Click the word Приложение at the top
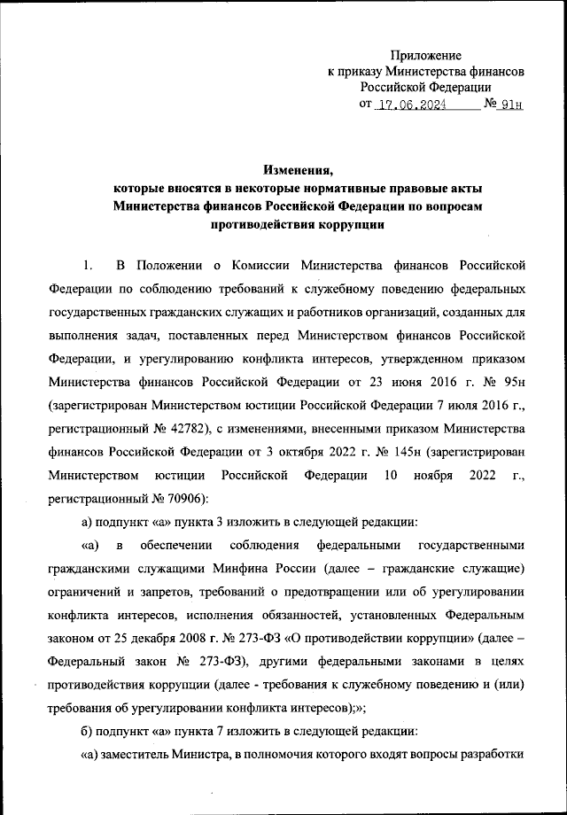(x=428, y=55)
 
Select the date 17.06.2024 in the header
(x=410, y=105)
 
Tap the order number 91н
(x=513, y=105)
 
